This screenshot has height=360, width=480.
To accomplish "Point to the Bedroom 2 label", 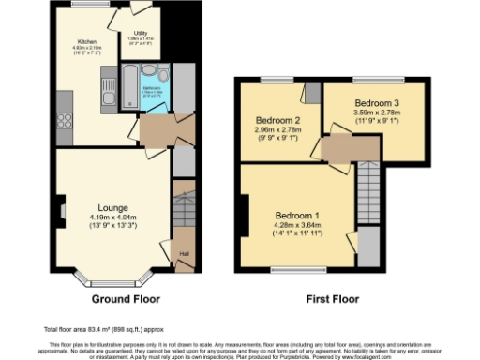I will [x=277, y=120].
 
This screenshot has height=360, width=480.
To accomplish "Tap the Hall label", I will [x=184, y=253].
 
